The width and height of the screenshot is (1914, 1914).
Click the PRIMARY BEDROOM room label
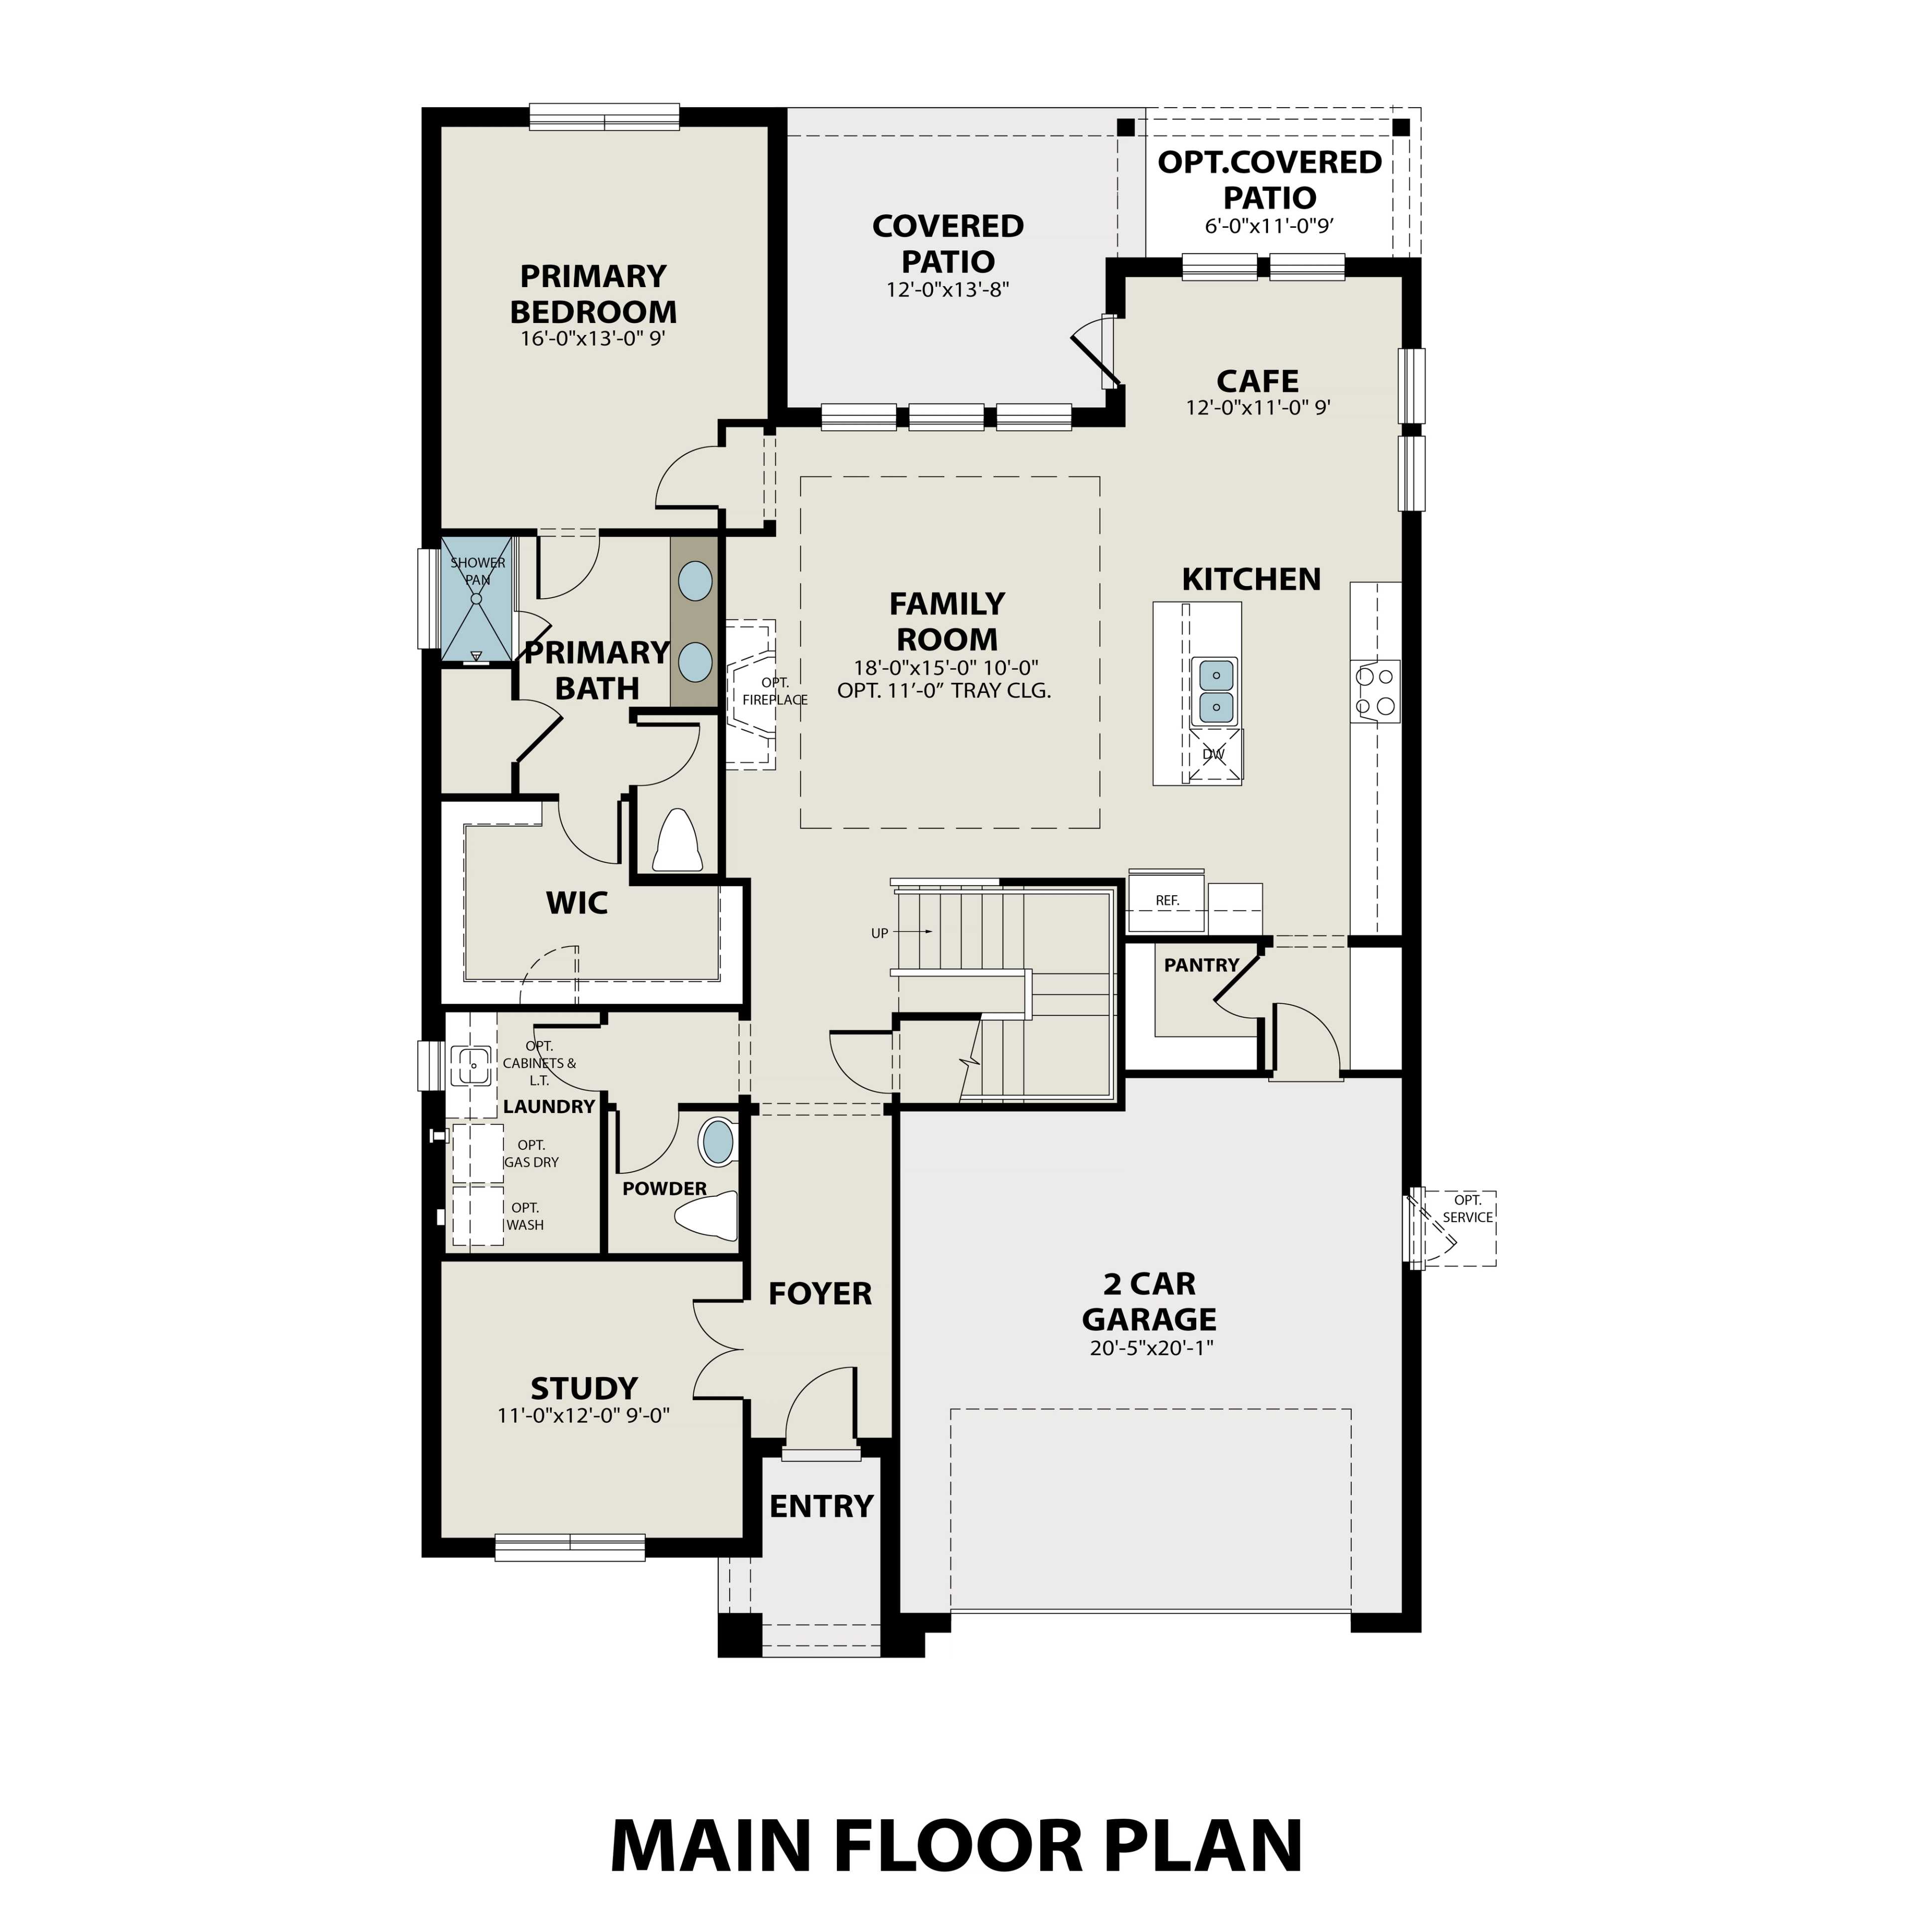594,294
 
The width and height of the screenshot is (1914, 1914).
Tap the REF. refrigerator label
1167,901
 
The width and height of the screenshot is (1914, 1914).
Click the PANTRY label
1201,965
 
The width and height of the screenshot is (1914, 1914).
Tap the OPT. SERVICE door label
1467,1209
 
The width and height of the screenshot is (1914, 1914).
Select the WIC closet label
577,903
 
